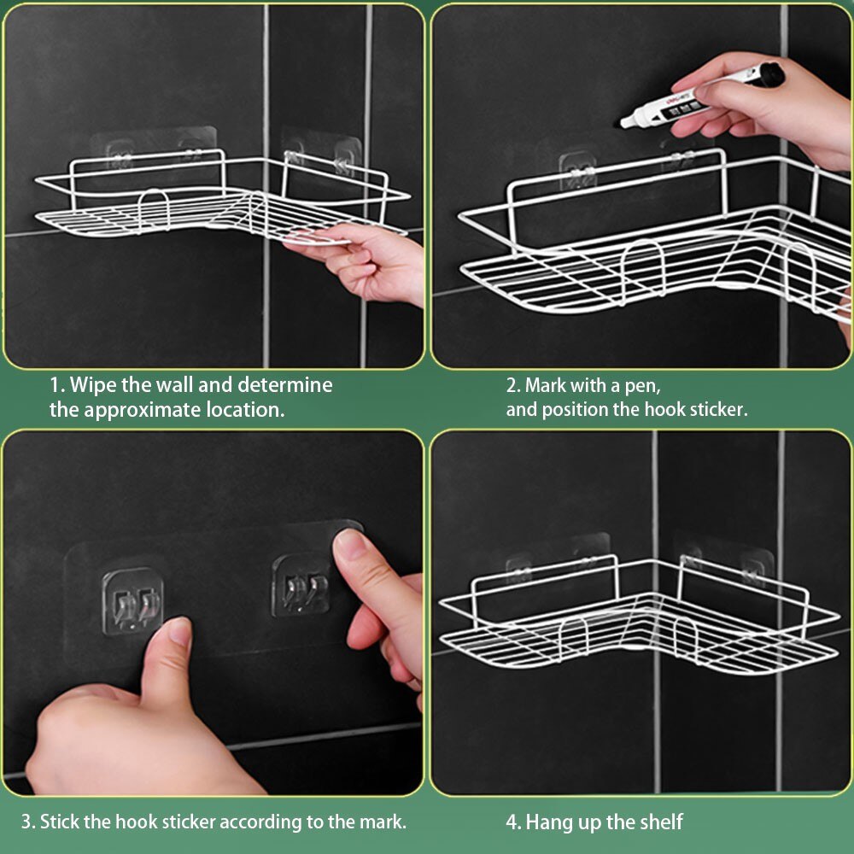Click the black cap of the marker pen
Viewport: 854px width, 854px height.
(x=770, y=74)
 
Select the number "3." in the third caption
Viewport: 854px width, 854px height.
(x=28, y=822)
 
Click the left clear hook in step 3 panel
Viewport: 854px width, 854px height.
(x=132, y=601)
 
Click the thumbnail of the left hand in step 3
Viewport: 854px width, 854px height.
(x=178, y=631)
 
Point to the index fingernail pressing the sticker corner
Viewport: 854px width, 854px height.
(x=349, y=545)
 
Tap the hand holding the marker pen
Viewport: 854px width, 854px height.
(x=763, y=109)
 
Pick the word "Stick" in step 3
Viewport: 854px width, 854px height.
(x=61, y=822)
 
